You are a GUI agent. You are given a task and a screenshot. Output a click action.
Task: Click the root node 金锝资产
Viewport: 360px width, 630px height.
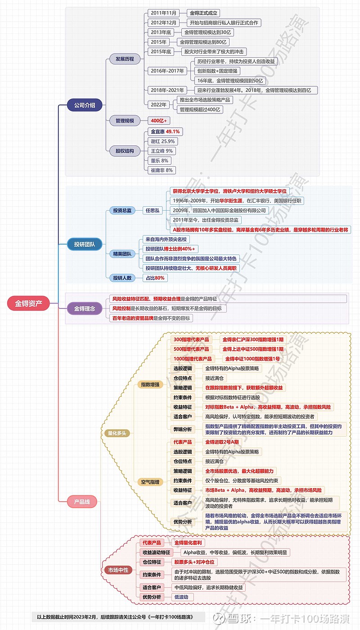point(29,304)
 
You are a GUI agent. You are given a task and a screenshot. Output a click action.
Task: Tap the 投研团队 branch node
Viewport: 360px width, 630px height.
point(85,245)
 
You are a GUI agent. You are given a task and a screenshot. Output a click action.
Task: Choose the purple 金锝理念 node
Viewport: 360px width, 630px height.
point(85,308)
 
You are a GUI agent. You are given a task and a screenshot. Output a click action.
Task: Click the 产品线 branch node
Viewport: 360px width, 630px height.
point(82,502)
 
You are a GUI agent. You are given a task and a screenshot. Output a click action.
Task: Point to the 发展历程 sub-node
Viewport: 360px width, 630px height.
point(125,59)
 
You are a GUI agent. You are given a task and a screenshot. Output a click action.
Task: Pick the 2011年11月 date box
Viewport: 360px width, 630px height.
point(163,13)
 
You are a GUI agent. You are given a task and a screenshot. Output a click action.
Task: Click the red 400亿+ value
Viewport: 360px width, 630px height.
point(159,121)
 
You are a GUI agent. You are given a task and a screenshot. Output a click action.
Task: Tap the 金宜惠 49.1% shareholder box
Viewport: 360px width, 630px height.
point(165,131)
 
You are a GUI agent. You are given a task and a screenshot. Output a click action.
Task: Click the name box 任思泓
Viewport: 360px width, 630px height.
point(152,210)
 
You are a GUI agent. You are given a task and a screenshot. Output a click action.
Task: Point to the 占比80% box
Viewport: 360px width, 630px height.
point(153,278)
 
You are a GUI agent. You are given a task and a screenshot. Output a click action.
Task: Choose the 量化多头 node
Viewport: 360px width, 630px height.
point(117,433)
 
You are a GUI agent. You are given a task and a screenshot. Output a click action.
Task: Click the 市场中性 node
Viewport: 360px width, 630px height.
point(118,570)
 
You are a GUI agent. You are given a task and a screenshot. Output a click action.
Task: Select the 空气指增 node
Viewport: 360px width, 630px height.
point(150,482)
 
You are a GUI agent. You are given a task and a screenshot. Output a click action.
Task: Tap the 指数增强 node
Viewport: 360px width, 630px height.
point(150,385)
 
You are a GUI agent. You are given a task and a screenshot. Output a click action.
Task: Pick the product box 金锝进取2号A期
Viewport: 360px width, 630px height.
point(222,442)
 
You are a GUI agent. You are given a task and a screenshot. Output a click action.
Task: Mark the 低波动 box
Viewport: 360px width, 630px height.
point(184,597)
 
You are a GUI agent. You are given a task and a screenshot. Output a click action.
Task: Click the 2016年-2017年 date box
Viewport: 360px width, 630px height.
point(167,71)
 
